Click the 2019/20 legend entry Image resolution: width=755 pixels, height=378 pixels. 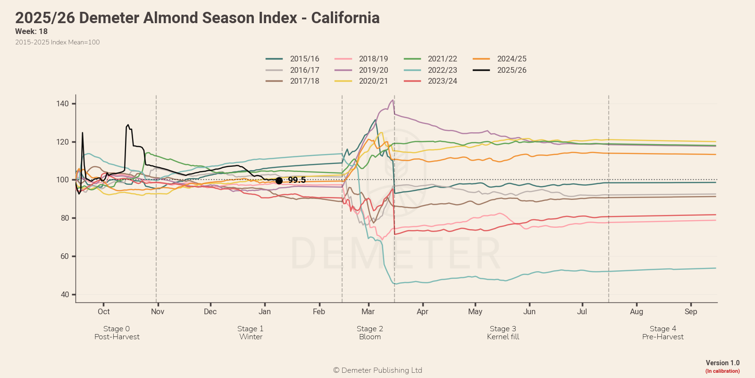(x=373, y=70)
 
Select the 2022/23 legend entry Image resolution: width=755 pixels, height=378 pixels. (x=442, y=70)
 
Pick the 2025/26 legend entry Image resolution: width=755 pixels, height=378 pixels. (x=512, y=70)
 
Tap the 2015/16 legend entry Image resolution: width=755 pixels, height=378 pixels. (x=304, y=59)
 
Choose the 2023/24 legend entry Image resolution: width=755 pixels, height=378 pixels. (x=442, y=81)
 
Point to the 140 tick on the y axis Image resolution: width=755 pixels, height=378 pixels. (x=63, y=103)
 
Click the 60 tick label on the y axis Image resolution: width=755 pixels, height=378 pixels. (x=65, y=256)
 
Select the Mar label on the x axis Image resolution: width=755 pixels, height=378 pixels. (x=368, y=311)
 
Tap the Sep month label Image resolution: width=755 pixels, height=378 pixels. (x=691, y=311)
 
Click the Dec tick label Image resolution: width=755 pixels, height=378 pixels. (x=210, y=311)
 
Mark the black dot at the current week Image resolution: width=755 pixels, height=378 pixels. (x=279, y=180)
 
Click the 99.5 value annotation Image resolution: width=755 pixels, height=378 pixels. (x=297, y=180)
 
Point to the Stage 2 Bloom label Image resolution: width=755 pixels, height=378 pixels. (x=370, y=333)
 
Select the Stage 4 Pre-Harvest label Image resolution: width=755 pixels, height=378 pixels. (x=663, y=333)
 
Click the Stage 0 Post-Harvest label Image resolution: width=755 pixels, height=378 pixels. (x=117, y=333)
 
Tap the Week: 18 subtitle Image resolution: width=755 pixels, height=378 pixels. (x=31, y=31)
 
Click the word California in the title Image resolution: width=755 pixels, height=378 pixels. (x=345, y=18)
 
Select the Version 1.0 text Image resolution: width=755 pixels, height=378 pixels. (x=722, y=363)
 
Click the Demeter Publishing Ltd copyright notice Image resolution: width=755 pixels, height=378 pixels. (x=377, y=370)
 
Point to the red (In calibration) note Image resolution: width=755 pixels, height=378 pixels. (x=722, y=371)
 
